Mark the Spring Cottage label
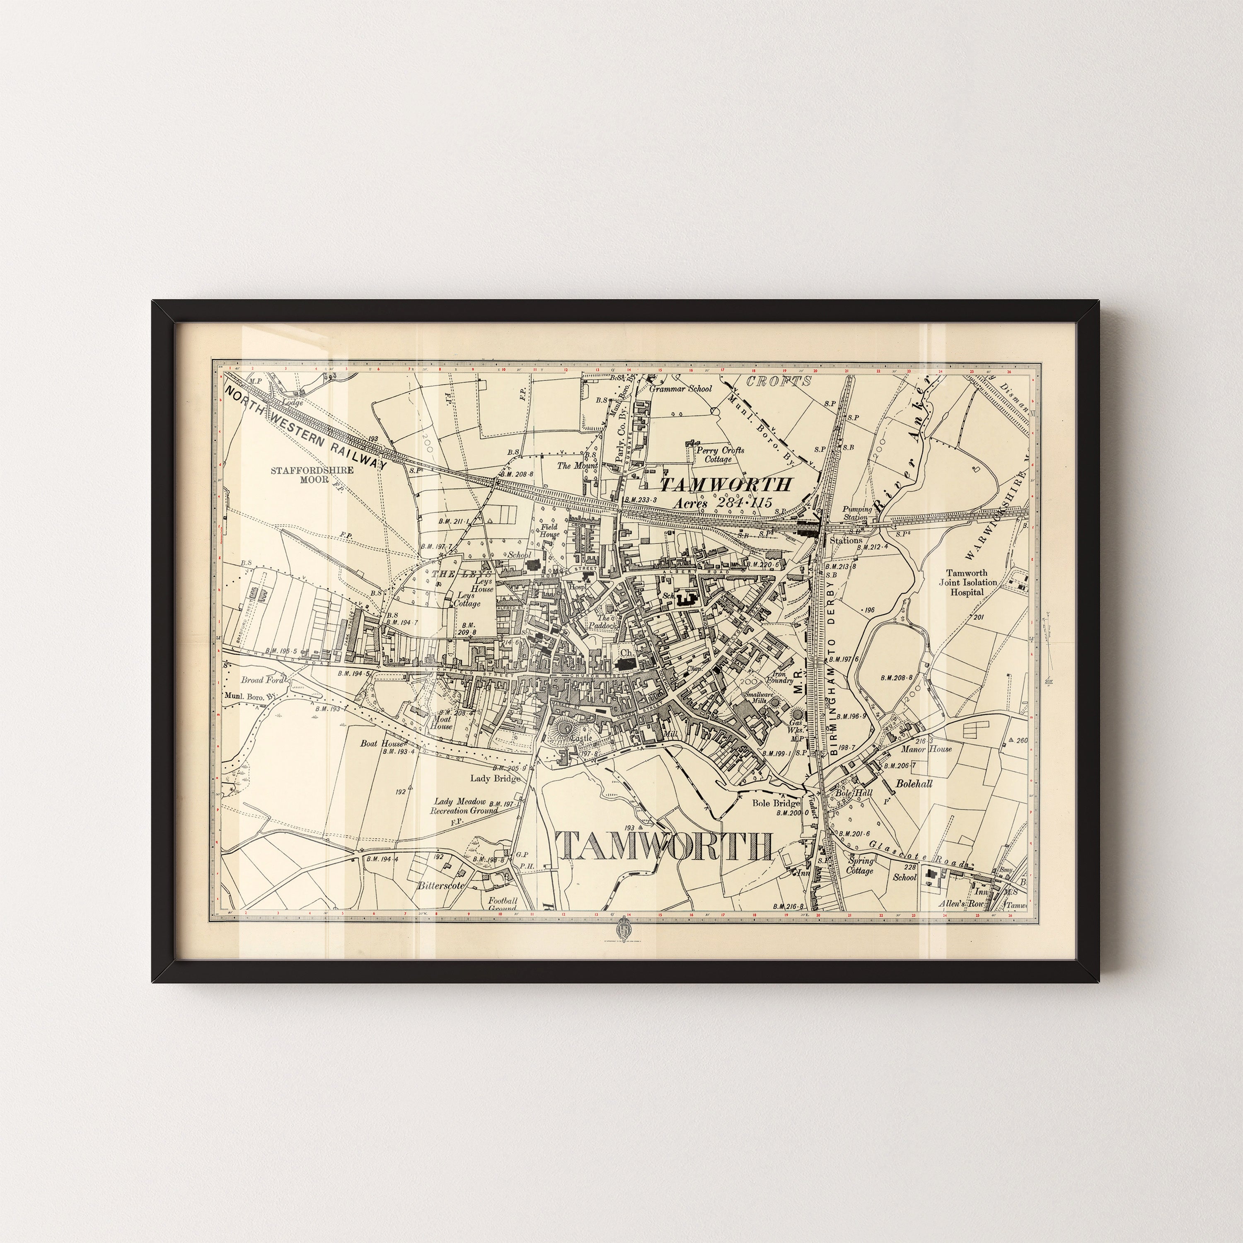click(x=860, y=866)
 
